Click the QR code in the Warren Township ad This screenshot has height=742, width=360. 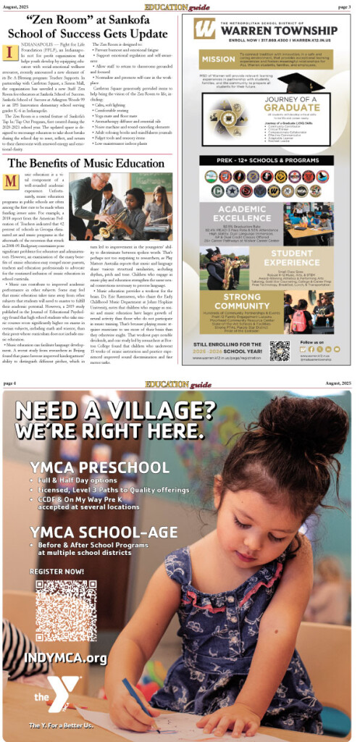279,351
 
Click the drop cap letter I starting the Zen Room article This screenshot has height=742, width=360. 10,53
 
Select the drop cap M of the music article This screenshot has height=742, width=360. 11,180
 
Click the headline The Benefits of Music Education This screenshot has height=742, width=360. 87,163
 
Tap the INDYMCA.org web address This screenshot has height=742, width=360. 65,657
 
